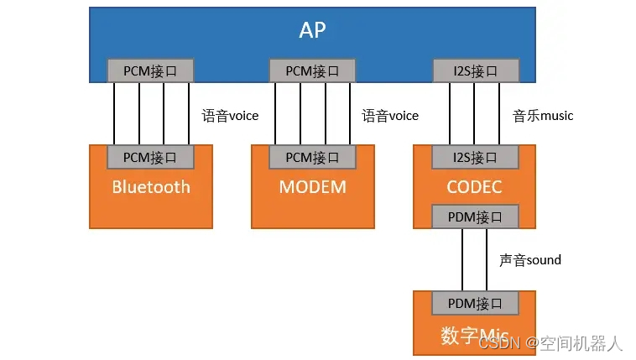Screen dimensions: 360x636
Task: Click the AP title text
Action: [x=312, y=30]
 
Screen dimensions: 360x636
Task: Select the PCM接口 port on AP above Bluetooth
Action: [x=150, y=70]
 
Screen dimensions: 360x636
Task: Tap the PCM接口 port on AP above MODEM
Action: [x=312, y=70]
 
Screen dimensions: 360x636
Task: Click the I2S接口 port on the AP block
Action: [x=475, y=70]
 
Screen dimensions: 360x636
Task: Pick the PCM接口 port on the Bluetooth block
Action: [x=150, y=157]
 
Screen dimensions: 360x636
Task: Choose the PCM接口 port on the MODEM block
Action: [x=312, y=157]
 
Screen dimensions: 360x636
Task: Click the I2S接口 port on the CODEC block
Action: [x=475, y=157]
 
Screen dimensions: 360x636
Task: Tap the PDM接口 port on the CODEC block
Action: [x=475, y=217]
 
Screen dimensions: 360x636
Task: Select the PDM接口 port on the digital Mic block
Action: [x=475, y=302]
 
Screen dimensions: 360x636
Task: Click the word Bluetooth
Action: [x=151, y=186]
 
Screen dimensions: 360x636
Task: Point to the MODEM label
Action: [x=312, y=186]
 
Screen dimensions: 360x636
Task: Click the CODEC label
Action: [x=474, y=186]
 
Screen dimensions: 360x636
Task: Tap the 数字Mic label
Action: [x=471, y=335]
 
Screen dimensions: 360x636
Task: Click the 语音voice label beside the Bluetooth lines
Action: [x=230, y=115]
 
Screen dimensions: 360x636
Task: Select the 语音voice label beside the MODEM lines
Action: [x=390, y=115]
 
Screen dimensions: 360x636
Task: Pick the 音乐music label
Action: [x=543, y=115]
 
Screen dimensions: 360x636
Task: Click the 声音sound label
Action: [x=530, y=259]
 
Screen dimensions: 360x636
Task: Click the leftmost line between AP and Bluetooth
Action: [x=114, y=113]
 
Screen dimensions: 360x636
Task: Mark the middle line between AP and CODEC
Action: [x=475, y=113]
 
